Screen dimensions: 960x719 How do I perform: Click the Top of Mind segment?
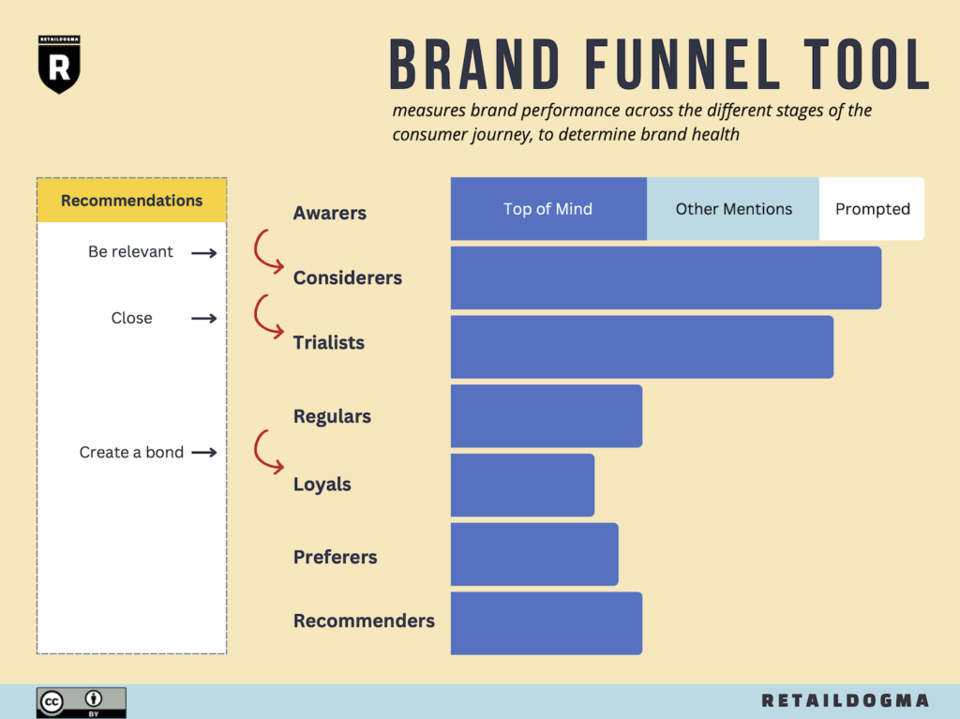tap(548, 209)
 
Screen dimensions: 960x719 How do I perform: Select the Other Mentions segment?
tap(733, 209)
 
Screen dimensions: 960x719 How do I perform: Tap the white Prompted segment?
tap(872, 209)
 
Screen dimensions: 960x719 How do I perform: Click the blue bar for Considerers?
tap(667, 278)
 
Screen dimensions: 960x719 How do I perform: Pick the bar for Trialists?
tap(641, 347)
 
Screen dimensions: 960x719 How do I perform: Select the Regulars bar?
tap(547, 416)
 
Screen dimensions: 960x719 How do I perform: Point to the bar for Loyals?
tap(522, 485)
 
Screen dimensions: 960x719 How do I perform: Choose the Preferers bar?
tap(534, 554)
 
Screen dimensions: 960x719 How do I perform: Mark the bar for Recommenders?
tap(547, 623)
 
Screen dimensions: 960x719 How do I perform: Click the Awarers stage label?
tap(329, 213)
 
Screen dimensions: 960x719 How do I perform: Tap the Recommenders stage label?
tap(364, 621)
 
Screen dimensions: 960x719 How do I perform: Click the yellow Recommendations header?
tap(131, 201)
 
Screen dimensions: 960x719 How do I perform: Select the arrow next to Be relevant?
tap(203, 253)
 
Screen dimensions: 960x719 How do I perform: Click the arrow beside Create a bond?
tap(203, 453)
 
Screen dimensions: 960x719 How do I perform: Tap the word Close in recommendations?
tap(131, 318)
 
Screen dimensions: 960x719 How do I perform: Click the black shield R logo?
tap(59, 65)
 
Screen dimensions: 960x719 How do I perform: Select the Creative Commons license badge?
tap(82, 702)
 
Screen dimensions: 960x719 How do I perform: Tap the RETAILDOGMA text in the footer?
tap(845, 700)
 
